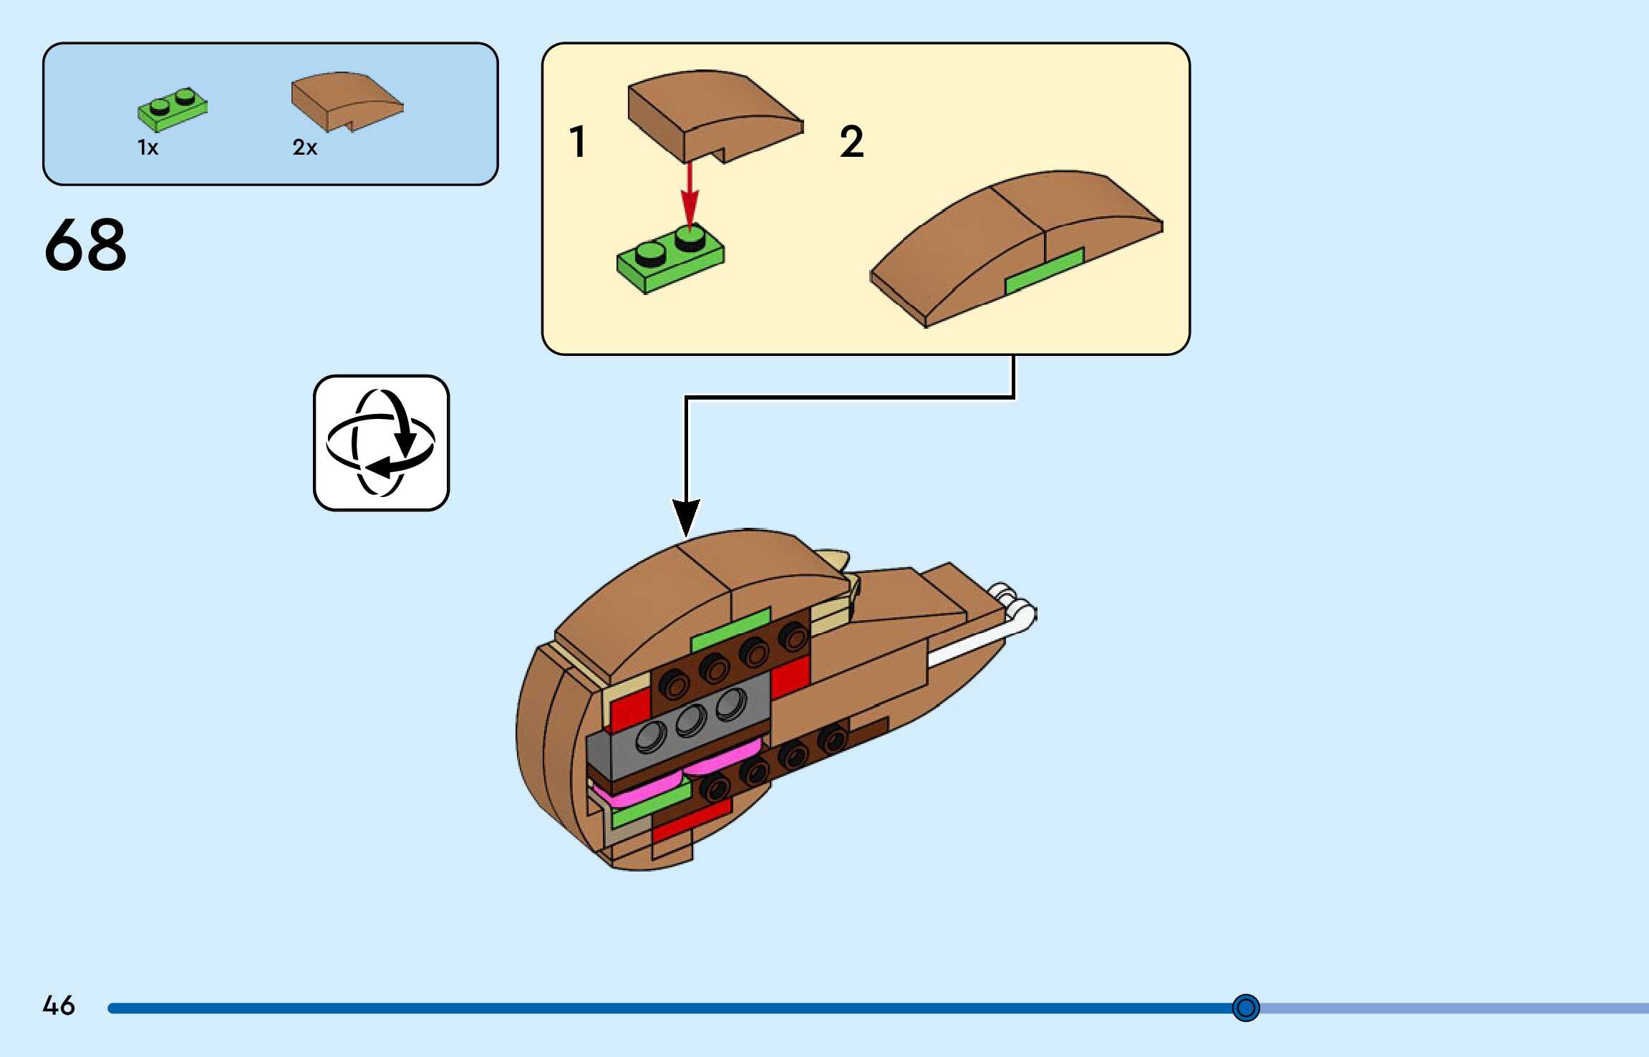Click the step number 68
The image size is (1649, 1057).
[x=85, y=245]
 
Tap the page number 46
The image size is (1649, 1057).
[x=59, y=1005]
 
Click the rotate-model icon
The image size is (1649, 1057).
[x=381, y=443]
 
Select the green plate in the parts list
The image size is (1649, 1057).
[x=173, y=110]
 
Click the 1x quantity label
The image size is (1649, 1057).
[x=148, y=148]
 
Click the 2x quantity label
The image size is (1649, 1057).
[x=304, y=148]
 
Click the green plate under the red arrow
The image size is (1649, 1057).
[x=669, y=261]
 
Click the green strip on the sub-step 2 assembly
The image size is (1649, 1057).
[x=1044, y=271]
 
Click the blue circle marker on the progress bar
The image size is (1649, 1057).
[x=1245, y=1008]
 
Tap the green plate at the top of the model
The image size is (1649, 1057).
[x=730, y=629]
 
